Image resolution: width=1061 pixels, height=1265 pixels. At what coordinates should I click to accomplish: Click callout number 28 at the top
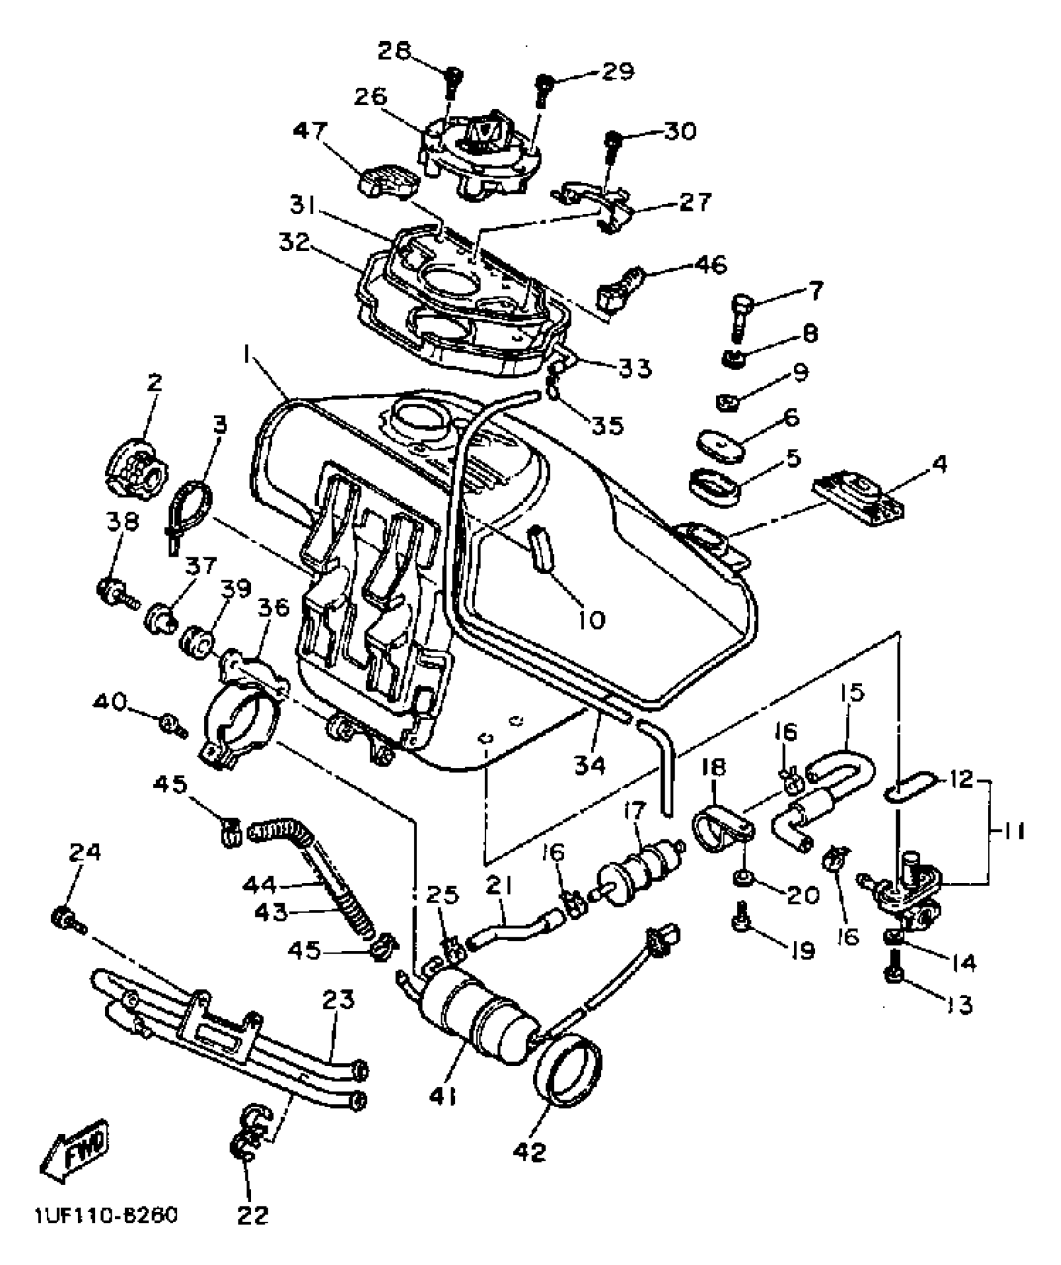pos(397,50)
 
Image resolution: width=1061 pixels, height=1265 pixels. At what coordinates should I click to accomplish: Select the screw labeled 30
pos(614,140)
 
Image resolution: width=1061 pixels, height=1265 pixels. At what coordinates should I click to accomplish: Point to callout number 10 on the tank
pos(588,620)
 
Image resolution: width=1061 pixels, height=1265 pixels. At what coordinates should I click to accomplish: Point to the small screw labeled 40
pos(170,724)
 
